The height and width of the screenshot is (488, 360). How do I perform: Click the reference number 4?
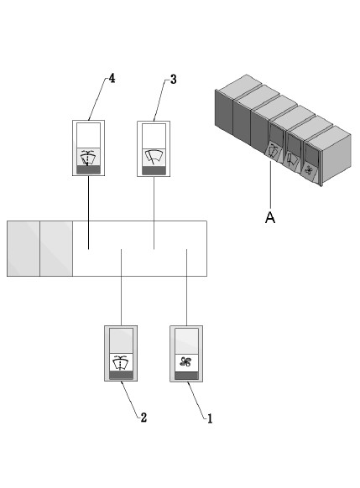pos(112,79)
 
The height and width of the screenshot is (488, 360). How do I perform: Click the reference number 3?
pos(173,80)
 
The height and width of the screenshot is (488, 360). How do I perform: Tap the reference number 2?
pos(143,417)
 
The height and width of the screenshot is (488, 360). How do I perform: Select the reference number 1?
pos(209,417)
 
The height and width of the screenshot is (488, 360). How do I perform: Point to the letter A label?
pos(269,217)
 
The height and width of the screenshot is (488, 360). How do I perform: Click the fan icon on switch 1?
pos(185,361)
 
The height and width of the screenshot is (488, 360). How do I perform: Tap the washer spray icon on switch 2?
pos(121,361)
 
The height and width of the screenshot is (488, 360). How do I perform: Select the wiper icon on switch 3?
pos(154,156)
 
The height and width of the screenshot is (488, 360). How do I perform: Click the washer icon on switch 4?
pos(88,156)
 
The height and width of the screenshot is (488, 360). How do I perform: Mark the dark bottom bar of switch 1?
pos(185,376)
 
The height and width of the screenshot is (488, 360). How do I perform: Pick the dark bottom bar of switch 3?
pos(154,170)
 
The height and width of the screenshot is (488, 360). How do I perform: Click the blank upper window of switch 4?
pos(88,136)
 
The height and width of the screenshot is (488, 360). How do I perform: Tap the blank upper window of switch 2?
pos(121,340)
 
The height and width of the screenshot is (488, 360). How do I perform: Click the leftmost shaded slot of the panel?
pos(23,248)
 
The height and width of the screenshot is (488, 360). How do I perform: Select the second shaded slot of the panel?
pos(56,248)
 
